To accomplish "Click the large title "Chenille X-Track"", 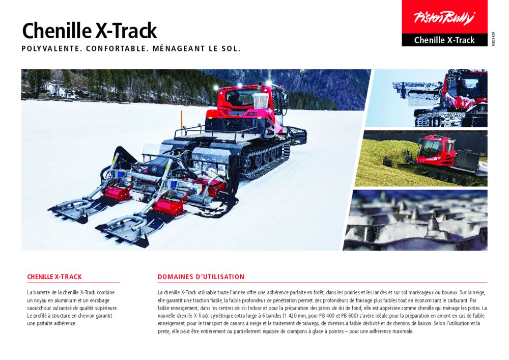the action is coord(89,31).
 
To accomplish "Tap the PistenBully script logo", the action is coord(444,17).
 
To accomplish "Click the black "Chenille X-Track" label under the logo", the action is coord(444,40).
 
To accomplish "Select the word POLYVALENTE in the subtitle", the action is coord(51,49).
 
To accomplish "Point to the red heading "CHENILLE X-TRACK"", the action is coord(54,277).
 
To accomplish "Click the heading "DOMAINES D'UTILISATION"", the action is coord(201,277).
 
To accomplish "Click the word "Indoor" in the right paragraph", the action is coord(255,308).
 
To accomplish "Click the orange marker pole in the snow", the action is coord(182,120).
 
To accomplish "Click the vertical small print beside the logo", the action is coord(493,39).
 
